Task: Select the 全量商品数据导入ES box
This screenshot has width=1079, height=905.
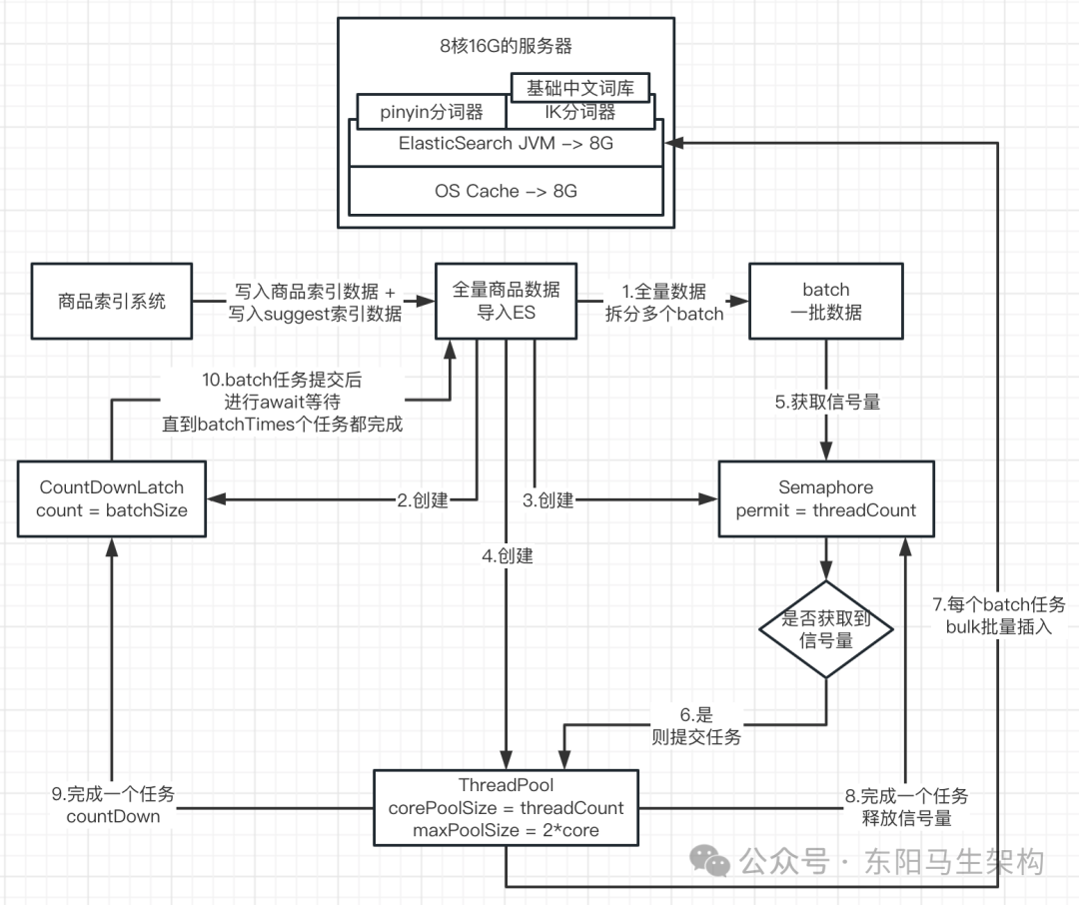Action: (507, 300)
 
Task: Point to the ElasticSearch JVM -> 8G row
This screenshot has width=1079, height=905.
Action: (506, 144)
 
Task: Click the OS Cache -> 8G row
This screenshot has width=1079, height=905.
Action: (506, 190)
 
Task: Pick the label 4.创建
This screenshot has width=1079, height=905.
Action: (507, 556)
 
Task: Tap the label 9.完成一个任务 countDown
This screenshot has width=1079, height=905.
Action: (113, 805)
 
